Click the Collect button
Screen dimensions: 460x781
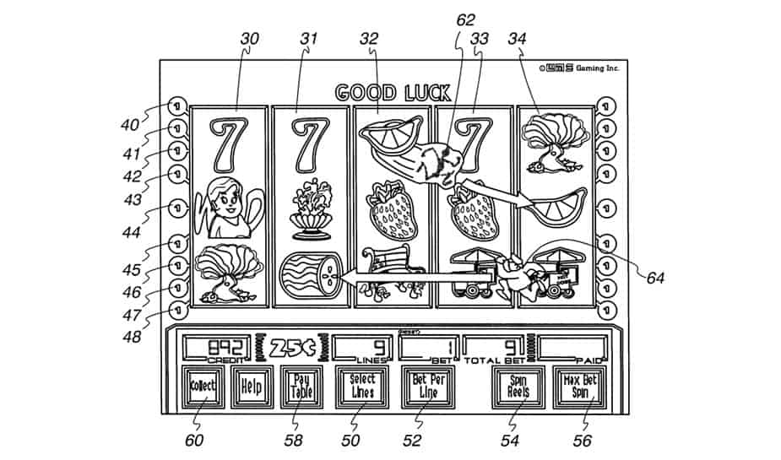(203, 387)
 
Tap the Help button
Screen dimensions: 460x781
(251, 387)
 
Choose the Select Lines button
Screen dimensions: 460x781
(362, 387)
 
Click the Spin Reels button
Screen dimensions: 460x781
(518, 387)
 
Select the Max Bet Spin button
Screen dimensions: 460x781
(579, 387)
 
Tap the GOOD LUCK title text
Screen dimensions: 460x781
(393, 92)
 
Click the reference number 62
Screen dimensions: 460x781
(466, 19)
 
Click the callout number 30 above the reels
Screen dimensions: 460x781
(249, 38)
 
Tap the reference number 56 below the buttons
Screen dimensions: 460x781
(582, 440)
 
